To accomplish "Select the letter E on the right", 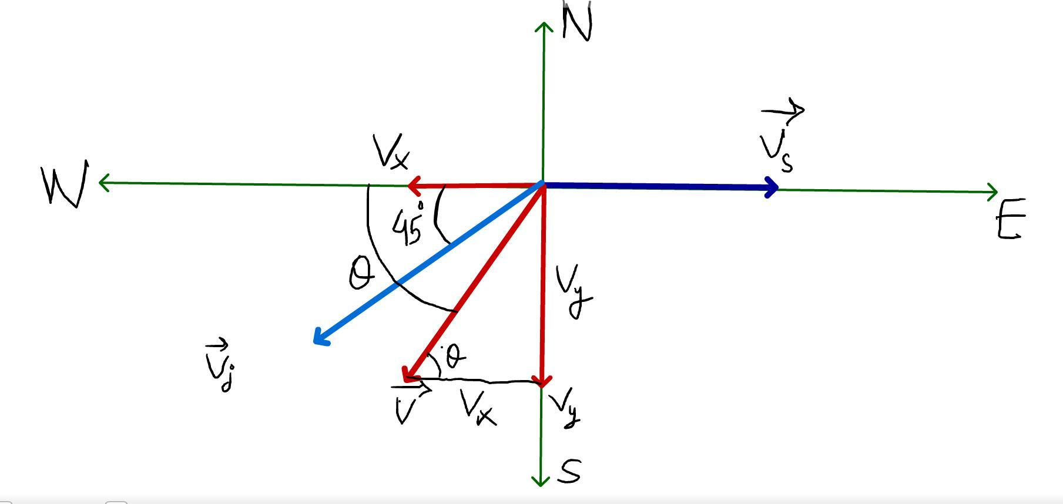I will (x=1011, y=219).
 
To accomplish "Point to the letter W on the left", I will (x=65, y=184).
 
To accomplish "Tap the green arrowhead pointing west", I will (x=102, y=183).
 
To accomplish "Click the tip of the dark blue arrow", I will (x=776, y=188).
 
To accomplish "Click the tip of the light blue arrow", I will (x=317, y=340).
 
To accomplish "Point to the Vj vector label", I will (x=220, y=365).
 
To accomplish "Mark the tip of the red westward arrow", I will (x=410, y=186).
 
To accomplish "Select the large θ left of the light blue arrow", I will (x=360, y=275).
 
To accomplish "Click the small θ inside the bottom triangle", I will (x=455, y=355).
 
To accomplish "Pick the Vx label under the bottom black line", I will (x=478, y=407).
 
